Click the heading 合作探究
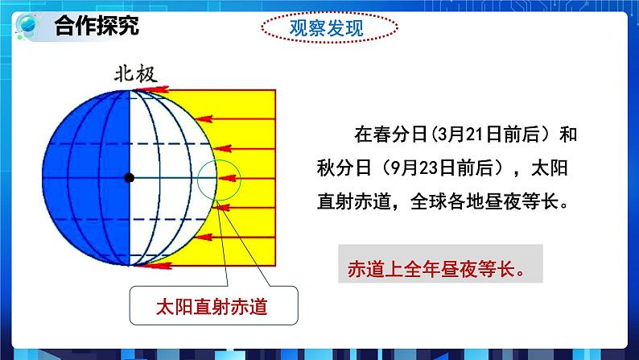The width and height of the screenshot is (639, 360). tap(97, 26)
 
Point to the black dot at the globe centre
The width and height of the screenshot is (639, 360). tap(129, 177)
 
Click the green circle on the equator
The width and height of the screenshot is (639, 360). tap(219, 179)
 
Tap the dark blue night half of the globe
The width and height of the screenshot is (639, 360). tap(80, 177)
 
